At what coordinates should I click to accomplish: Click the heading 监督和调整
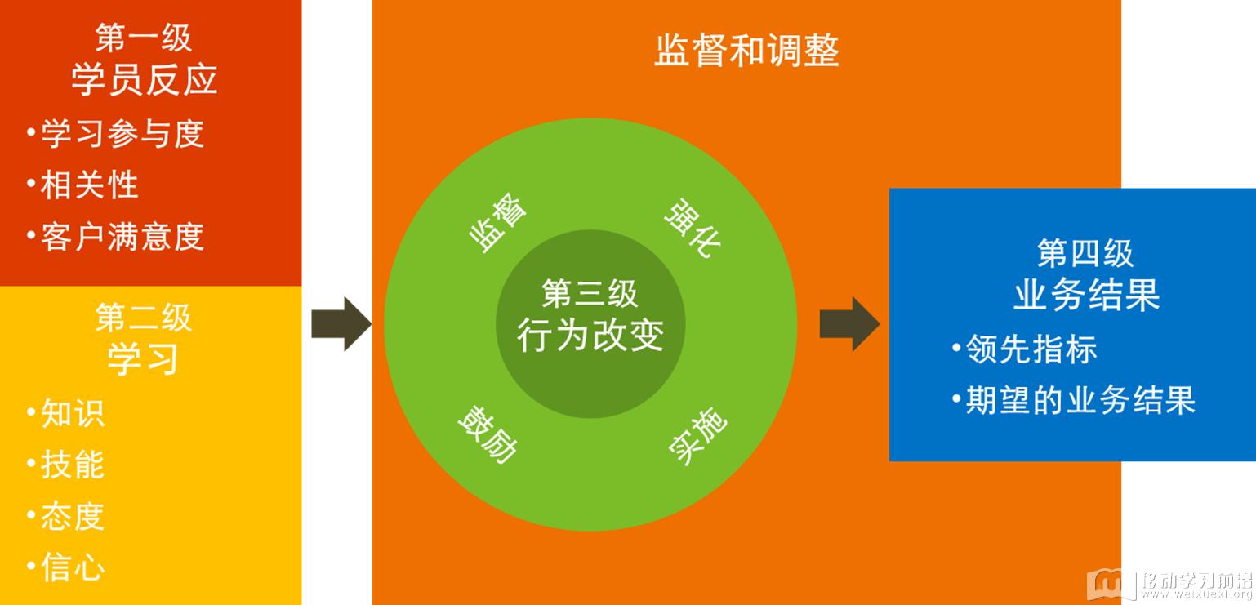[x=746, y=51]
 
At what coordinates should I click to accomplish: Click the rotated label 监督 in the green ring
[x=497, y=222]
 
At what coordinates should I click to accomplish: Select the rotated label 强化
[x=693, y=228]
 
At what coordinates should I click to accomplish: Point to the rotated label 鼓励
[x=488, y=434]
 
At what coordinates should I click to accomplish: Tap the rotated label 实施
[x=698, y=436]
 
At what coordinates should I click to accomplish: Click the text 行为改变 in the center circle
[x=590, y=336]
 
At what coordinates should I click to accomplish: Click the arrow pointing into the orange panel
[x=341, y=324]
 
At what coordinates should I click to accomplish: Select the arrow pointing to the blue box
[x=849, y=324]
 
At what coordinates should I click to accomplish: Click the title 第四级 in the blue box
[x=1086, y=253]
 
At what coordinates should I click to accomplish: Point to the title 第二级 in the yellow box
[x=144, y=318]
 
